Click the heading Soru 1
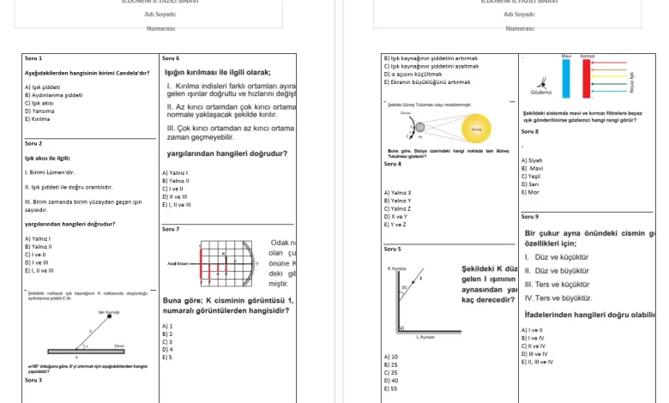tap(33, 58)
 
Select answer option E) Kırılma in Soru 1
tap(39, 118)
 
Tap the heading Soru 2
tap(33, 143)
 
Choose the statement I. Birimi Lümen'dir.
tap(50, 171)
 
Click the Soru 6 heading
tap(171, 58)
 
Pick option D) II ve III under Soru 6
tap(175, 196)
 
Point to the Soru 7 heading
tap(171, 229)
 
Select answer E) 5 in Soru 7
tap(167, 357)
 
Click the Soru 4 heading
tap(392, 164)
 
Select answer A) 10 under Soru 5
tap(391, 357)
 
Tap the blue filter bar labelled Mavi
tap(567, 78)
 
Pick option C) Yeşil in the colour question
tap(532, 176)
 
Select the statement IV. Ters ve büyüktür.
tap(557, 298)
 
